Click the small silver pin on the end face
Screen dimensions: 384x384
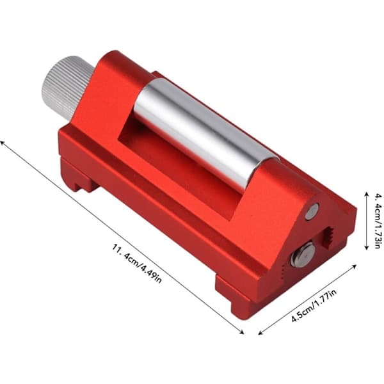[312, 211]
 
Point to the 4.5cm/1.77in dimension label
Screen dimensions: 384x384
[314, 305]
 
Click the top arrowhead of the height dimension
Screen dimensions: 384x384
[366, 194]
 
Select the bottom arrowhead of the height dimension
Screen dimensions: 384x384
[366, 247]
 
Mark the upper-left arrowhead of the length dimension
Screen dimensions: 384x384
[3, 143]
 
